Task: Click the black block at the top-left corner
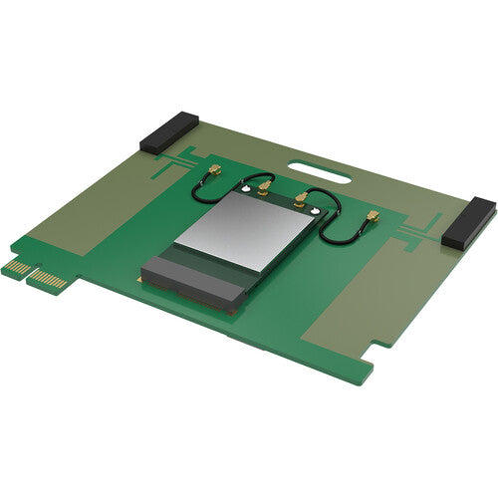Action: (169, 132)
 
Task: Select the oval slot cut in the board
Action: (319, 172)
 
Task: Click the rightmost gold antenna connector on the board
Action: (373, 216)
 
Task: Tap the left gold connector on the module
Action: (265, 186)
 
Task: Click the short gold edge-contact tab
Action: (17, 266)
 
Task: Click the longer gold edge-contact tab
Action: (47, 278)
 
